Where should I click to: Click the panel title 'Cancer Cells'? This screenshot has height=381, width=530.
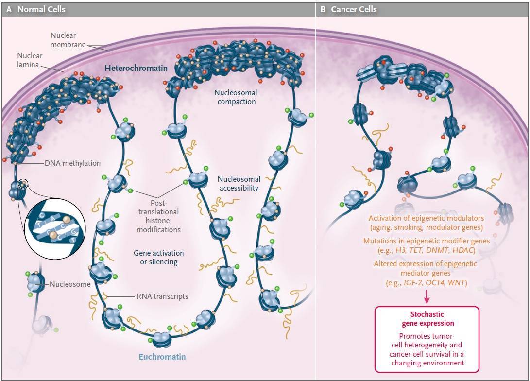[354, 9]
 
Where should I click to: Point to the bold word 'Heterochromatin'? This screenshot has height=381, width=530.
[136, 69]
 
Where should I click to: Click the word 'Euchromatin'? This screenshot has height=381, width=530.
[162, 357]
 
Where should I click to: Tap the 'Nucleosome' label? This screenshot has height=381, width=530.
[70, 284]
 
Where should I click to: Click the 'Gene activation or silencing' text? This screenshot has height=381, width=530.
[158, 258]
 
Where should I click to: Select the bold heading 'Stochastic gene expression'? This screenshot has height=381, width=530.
[427, 319]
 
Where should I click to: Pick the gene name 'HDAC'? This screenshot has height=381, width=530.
[464, 250]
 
